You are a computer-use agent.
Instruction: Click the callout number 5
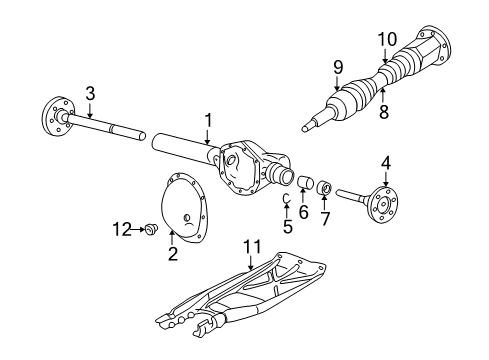[288, 226]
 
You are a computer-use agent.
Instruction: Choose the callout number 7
[325, 218]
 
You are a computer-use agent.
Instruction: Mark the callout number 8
[383, 115]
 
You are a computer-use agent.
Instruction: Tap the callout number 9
[337, 68]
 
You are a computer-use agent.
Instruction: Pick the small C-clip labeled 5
[285, 199]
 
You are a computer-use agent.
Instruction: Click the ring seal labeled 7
[323, 188]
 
